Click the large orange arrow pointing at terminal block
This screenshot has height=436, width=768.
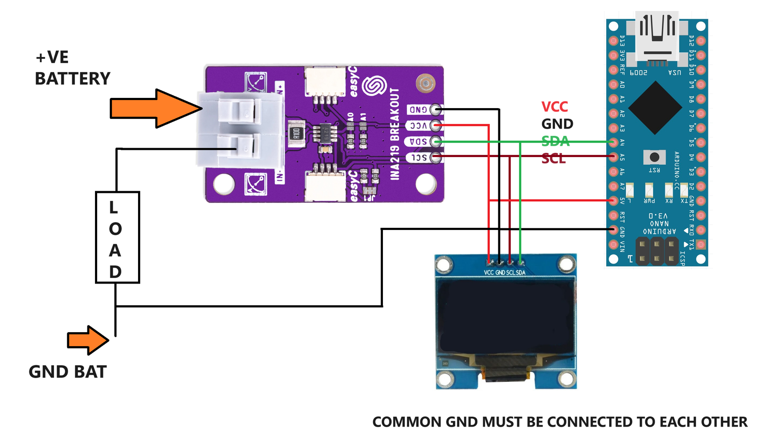pyautogui.click(x=155, y=109)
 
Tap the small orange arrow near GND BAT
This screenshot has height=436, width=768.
pyautogui.click(x=87, y=340)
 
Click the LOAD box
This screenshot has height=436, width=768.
pyautogui.click(x=117, y=237)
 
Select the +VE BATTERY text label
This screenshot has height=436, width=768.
pyautogui.click(x=72, y=68)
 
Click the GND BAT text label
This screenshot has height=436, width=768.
pyautogui.click(x=67, y=372)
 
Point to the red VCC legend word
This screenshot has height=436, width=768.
pyautogui.click(x=554, y=106)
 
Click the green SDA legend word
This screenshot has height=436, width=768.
pyautogui.click(x=555, y=141)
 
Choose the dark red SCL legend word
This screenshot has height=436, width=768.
pyautogui.click(x=553, y=158)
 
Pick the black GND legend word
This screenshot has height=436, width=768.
pyautogui.click(x=557, y=124)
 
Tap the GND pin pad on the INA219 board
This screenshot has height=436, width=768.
pyautogui.click(x=435, y=109)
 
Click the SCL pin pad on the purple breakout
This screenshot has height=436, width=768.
pyautogui.click(x=435, y=158)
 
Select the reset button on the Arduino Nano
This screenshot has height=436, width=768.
pyautogui.click(x=654, y=157)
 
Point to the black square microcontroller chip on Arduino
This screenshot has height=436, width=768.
pyautogui.click(x=655, y=108)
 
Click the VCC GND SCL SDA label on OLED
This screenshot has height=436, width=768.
pyautogui.click(x=504, y=272)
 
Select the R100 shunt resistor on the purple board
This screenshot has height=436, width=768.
pyautogui.click(x=296, y=134)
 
